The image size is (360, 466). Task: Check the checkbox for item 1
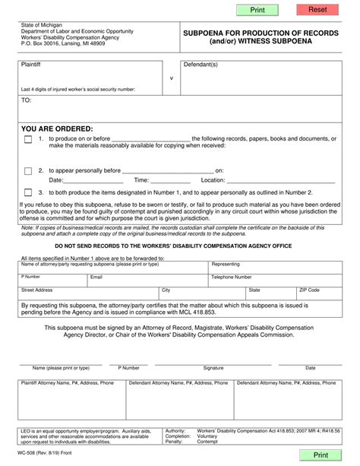(x=28, y=140)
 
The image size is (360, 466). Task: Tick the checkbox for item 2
(x=28, y=171)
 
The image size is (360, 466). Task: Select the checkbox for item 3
(x=28, y=192)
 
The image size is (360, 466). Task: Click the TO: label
(x=27, y=100)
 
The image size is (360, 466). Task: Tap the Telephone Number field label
(x=231, y=277)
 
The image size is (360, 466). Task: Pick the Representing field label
(x=226, y=264)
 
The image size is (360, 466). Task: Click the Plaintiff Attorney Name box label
(x=67, y=383)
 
